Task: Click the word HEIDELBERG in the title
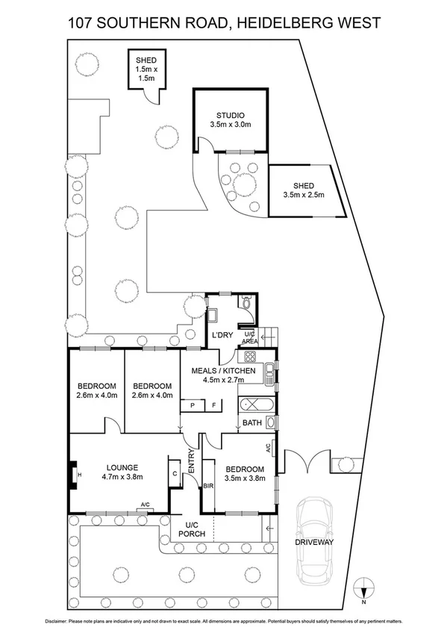point(286,23)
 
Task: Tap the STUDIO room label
point(231,115)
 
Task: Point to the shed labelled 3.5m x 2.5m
point(304,190)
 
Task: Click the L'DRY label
point(222,334)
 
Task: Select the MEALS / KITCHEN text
point(223,371)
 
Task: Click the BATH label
point(251,423)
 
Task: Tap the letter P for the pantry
point(193,405)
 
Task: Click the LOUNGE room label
point(122,468)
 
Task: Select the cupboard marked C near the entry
point(175,473)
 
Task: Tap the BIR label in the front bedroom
point(209,486)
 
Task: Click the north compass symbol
point(363,588)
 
